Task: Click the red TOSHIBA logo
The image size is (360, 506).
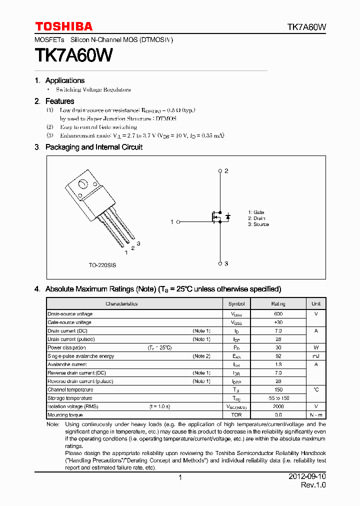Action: tap(63, 26)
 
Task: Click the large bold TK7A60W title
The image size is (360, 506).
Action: tap(73, 55)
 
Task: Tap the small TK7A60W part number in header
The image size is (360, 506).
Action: tap(306, 27)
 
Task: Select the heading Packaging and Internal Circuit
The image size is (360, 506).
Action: tap(93, 147)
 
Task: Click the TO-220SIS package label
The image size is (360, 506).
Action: tap(102, 265)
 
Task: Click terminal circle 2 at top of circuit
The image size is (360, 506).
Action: tap(220, 171)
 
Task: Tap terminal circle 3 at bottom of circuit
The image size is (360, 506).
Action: tap(220, 263)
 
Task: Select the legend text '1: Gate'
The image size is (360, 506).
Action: tap(256, 212)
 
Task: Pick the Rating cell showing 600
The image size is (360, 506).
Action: tap(278, 314)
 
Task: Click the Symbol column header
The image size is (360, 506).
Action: tap(236, 303)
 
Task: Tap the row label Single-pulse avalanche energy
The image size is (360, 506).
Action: tap(80, 356)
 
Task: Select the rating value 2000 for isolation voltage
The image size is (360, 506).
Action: tap(278, 406)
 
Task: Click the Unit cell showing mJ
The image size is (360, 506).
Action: tap(316, 356)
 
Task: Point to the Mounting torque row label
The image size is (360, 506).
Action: tap(64, 415)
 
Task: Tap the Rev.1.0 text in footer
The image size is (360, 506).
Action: tap(313, 485)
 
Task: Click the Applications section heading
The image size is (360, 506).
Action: tap(64, 80)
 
